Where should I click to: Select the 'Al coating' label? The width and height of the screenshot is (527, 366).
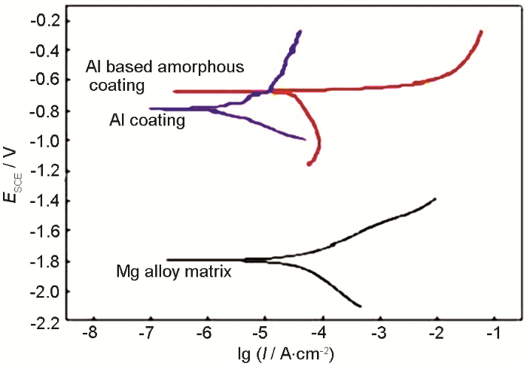[x=147, y=119]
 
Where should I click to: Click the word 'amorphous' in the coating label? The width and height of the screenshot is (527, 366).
[x=206, y=67]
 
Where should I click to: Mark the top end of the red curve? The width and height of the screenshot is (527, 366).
[x=480, y=32]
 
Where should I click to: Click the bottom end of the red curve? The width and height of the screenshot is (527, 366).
[x=309, y=164]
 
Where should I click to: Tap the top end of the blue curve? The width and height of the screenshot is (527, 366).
[x=300, y=32]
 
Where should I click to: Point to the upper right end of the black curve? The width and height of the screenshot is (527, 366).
[x=434, y=198]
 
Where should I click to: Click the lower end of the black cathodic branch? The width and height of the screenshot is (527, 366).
[x=361, y=306]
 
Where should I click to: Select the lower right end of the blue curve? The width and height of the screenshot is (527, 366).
[x=304, y=139]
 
